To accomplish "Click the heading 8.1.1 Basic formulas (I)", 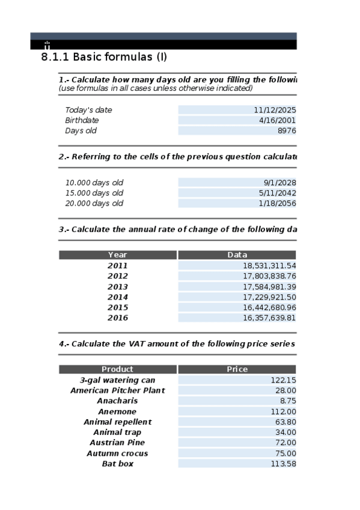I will tap(103, 58).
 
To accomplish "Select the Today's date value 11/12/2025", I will tap(275, 110).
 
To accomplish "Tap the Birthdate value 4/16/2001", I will tap(277, 120).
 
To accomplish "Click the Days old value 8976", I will tap(286, 131).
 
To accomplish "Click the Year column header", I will tap(118, 255).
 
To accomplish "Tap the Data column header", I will tap(237, 255).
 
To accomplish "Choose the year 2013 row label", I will tap(118, 287).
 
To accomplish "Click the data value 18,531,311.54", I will tap(269, 265).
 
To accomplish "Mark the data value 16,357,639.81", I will tap(269, 318).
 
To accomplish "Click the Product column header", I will tap(118, 369).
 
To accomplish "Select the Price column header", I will tap(237, 369).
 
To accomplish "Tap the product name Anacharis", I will tap(118, 401).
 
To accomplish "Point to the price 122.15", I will tap(284, 380).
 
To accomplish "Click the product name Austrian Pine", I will tap(118, 443).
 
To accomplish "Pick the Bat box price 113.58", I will tap(284, 464).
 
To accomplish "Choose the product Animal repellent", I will tap(118, 422).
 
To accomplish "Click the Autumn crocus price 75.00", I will tap(286, 453).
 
